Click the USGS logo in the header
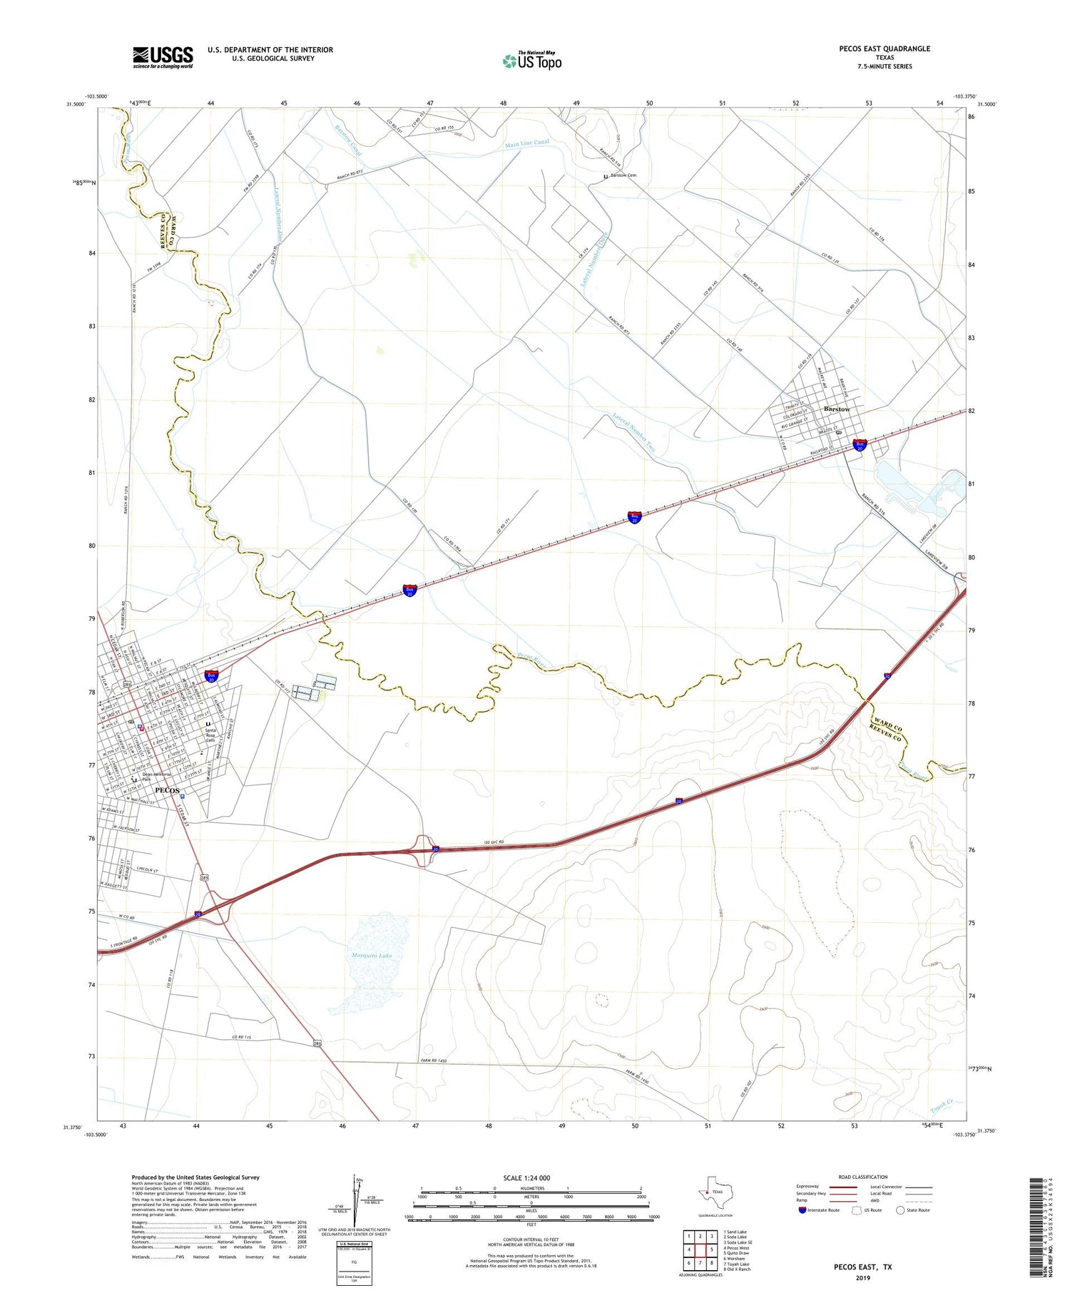[163, 57]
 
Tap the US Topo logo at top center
[531, 61]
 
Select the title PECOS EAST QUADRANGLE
[885, 48]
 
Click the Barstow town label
[836, 409]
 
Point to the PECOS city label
[167, 791]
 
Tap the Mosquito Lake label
[372, 955]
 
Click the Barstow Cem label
[623, 175]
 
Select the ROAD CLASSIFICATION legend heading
[863, 1177]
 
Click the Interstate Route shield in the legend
[802, 1210]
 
